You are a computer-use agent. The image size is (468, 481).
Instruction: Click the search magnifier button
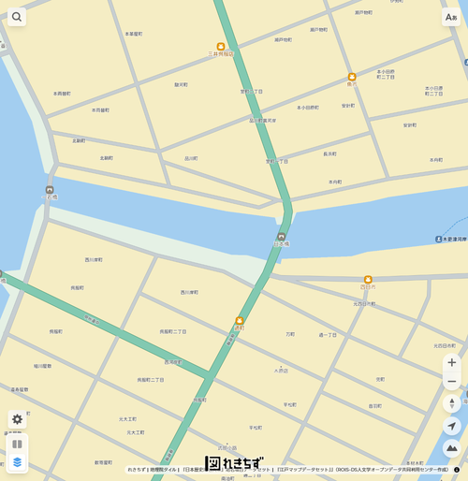(17, 17)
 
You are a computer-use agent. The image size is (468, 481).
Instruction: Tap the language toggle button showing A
(451, 17)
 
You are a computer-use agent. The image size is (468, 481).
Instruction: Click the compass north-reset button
(451, 403)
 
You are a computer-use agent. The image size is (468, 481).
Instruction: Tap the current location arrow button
(451, 427)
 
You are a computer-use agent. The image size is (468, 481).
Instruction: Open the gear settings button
(17, 419)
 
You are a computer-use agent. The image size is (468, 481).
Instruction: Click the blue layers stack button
(17, 462)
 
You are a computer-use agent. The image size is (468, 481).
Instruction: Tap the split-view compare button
(17, 444)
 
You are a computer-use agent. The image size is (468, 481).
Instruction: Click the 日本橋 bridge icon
(281, 237)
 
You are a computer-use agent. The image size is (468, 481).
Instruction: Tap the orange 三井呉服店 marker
(221, 47)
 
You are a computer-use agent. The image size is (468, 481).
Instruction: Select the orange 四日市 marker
(368, 279)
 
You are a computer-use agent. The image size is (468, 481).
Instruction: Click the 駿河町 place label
(181, 84)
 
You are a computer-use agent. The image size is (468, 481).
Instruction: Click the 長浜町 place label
(329, 153)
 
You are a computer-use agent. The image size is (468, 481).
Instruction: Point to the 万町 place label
(290, 333)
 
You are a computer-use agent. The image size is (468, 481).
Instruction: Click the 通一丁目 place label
(328, 334)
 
